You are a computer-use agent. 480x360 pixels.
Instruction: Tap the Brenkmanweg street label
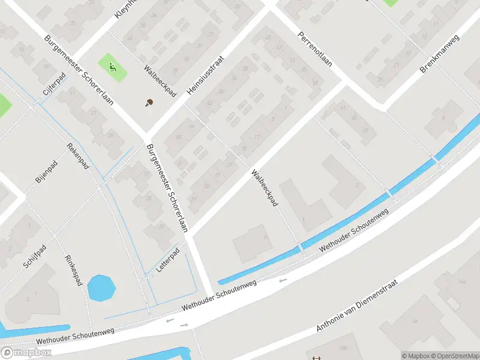[x=439, y=54]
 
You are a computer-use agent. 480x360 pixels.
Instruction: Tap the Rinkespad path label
[x=73, y=270]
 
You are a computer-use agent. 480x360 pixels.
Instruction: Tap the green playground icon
[x=112, y=67]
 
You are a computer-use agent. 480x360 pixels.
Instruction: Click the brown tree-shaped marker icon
[x=149, y=103]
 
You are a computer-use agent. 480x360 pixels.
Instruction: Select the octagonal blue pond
[x=101, y=288]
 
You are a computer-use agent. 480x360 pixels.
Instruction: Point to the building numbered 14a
[x=462, y=282]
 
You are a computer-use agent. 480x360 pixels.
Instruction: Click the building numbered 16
[x=414, y=321]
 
